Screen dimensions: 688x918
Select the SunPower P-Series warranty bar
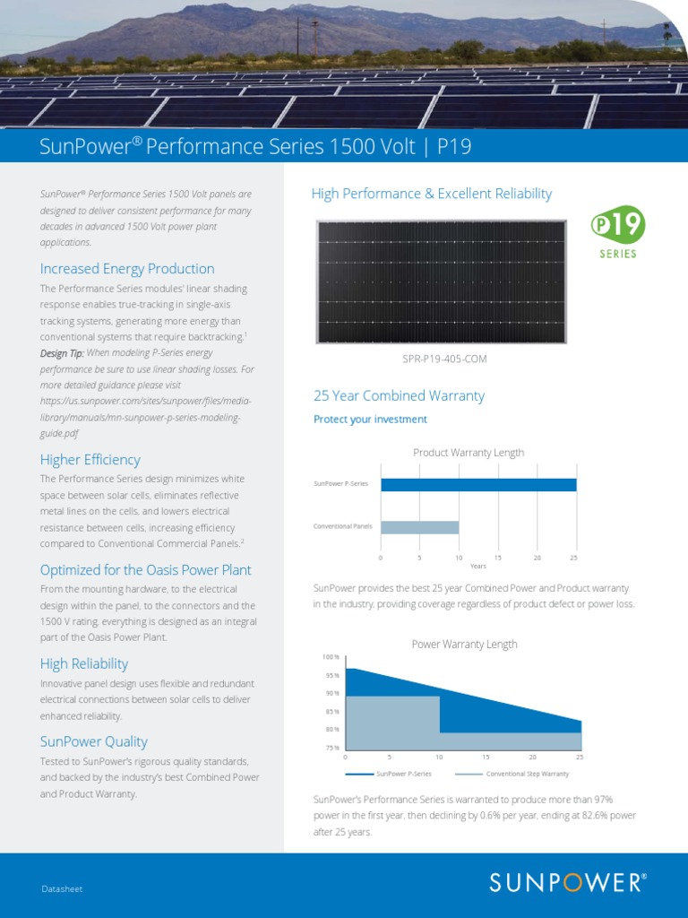tap(478, 485)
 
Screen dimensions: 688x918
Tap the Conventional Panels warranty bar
tap(419, 527)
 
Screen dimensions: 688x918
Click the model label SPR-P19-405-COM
tap(445, 359)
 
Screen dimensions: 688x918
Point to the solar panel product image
tap(443, 281)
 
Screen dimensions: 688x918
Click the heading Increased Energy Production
tap(127, 269)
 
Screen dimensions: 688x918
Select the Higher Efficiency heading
tap(90, 460)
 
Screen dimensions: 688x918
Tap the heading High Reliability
tap(84, 664)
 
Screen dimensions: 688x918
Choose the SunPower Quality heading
tap(94, 742)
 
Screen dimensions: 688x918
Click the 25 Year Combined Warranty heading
tap(399, 395)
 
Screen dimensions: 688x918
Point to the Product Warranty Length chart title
tap(469, 453)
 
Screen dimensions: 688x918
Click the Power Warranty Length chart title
tap(464, 645)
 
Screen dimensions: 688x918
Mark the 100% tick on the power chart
tap(331, 657)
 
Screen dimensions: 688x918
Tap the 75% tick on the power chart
tap(331, 748)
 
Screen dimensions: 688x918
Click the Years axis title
tap(478, 566)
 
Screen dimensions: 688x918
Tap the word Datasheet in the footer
tap(62, 888)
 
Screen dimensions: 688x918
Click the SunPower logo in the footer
tap(567, 882)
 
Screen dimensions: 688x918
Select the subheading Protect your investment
tap(370, 420)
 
